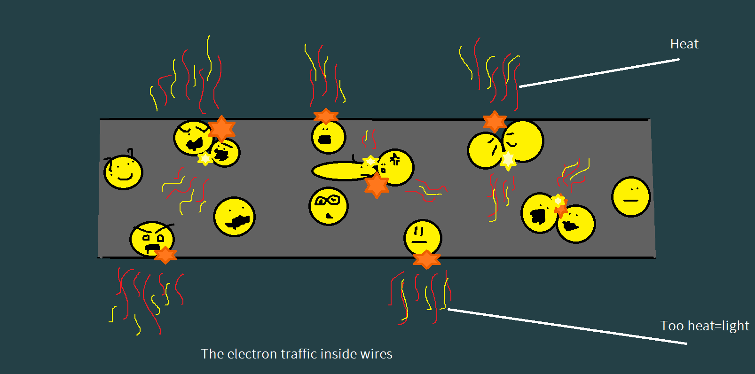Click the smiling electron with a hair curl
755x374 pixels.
point(123,172)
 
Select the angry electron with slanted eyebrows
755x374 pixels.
point(151,239)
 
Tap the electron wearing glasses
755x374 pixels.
point(328,206)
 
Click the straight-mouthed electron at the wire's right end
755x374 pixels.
point(631,197)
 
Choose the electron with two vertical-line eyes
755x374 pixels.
point(422,237)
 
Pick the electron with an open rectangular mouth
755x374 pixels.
point(328,137)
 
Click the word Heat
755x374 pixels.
point(684,44)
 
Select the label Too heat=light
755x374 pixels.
point(704,326)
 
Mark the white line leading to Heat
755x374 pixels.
point(599,73)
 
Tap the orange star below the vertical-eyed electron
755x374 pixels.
point(426,259)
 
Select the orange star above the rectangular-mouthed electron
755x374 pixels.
point(326,116)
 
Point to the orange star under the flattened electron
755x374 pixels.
point(377,185)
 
